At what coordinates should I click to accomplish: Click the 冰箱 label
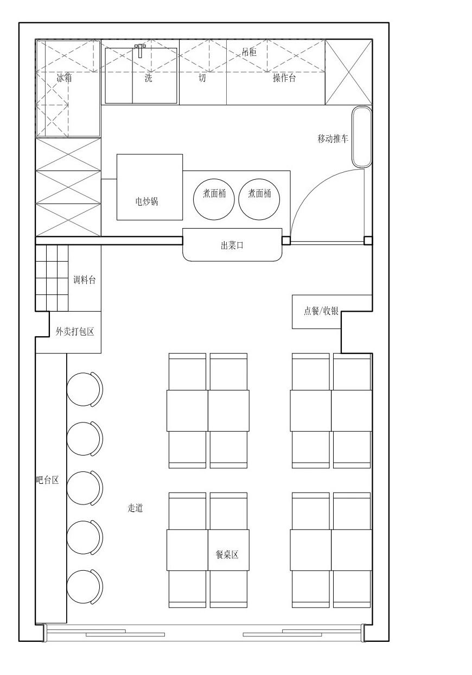65,78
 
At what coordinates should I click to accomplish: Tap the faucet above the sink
140,51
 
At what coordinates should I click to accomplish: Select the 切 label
202,78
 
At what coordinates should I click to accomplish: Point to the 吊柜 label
249,52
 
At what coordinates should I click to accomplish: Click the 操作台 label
284,78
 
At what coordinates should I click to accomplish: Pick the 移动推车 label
333,138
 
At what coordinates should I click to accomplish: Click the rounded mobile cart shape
362,136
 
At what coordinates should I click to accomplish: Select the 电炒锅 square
150,187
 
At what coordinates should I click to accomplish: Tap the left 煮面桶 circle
214,199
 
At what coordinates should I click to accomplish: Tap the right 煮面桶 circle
259,199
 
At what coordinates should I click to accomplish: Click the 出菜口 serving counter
232,245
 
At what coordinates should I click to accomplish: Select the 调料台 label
85,280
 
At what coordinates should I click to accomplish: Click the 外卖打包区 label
75,332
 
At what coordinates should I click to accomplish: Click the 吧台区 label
47,480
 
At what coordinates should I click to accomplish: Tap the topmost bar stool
85,389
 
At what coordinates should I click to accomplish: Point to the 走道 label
135,508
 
